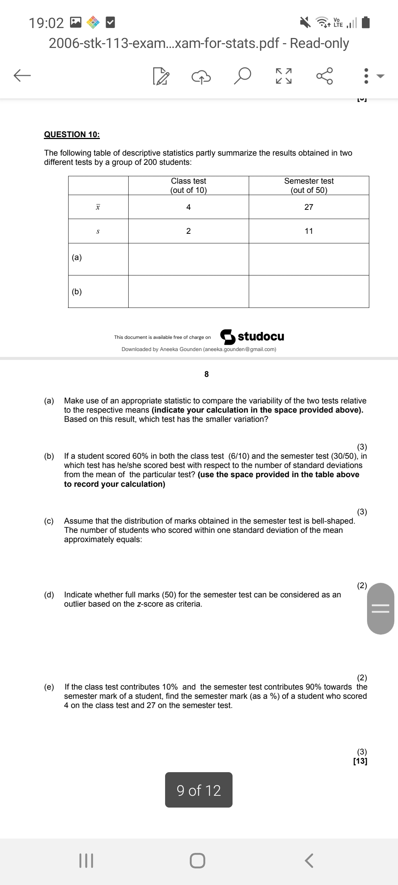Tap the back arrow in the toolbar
(22, 76)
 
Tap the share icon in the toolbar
(325, 76)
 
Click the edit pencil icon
(161, 76)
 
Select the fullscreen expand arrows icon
(284, 76)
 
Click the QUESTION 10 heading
(72, 134)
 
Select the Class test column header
(188, 185)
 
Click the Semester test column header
(309, 185)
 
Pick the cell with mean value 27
(309, 207)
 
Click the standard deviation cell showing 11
(309, 231)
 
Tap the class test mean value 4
(188, 207)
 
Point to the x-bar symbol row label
(98, 207)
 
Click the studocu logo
(252, 336)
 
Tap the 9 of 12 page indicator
(199, 790)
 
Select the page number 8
(206, 374)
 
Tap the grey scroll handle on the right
(381, 608)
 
